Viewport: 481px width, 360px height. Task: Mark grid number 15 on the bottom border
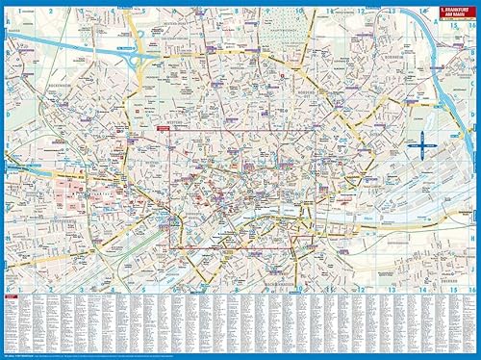pos(443,290)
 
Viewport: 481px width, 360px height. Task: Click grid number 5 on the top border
pos(142,12)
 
